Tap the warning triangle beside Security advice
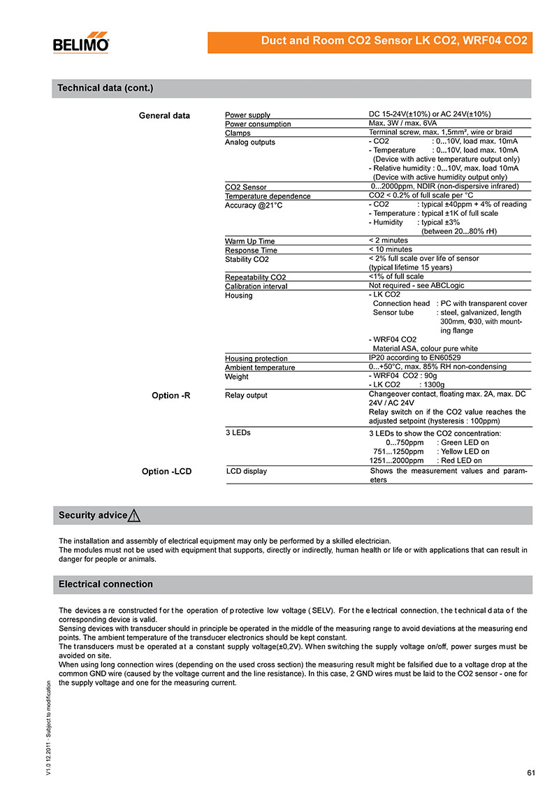[135, 516]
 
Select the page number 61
[531, 772]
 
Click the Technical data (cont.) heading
[105, 88]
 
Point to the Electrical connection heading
[106, 584]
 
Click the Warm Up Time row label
[249, 241]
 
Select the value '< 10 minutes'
[390, 249]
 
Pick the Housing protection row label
[256, 358]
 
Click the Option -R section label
[171, 395]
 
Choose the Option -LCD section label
[166, 472]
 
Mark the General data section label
[164, 115]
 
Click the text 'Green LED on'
[465, 443]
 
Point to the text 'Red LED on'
[461, 460]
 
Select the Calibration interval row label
[256, 286]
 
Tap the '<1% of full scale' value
[396, 277]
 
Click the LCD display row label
[247, 471]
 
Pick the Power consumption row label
[258, 124]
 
